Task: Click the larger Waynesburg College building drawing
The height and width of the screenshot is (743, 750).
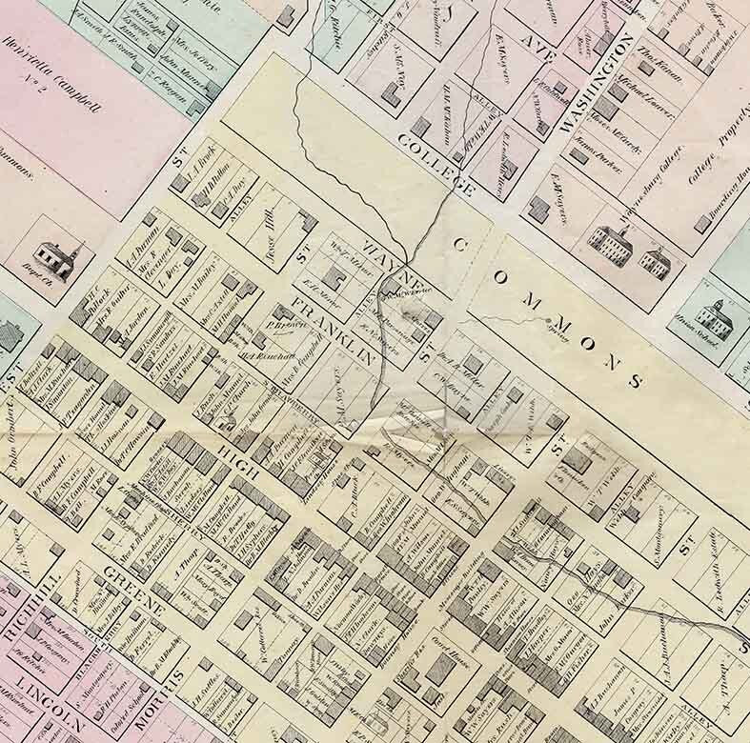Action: [x=611, y=245]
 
